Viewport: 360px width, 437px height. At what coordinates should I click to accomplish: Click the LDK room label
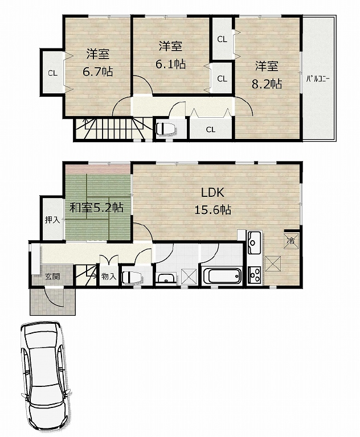(213, 192)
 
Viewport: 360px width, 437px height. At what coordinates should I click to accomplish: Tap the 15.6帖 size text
(212, 209)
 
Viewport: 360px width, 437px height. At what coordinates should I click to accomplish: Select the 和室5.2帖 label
(97, 208)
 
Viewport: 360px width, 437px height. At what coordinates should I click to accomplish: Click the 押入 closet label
(52, 220)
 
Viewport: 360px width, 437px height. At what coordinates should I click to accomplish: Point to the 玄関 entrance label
(52, 277)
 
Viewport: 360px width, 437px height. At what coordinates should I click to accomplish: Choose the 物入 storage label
(109, 277)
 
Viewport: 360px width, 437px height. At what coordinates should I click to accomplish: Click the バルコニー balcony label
(318, 79)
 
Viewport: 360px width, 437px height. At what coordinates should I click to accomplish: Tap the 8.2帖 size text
(267, 84)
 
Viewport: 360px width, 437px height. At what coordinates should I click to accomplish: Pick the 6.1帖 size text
(170, 64)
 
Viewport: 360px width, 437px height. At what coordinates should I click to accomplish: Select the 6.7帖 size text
(97, 72)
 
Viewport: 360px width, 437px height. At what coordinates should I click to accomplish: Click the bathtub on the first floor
(222, 276)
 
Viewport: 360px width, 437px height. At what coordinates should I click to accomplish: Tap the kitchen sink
(254, 242)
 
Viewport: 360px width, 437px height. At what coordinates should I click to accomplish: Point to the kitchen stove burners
(254, 275)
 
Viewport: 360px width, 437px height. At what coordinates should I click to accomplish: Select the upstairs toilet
(165, 129)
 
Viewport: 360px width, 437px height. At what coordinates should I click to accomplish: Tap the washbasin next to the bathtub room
(166, 279)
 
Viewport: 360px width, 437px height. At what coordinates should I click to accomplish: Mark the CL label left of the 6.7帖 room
(53, 73)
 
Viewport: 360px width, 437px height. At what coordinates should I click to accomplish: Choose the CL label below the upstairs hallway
(211, 130)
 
